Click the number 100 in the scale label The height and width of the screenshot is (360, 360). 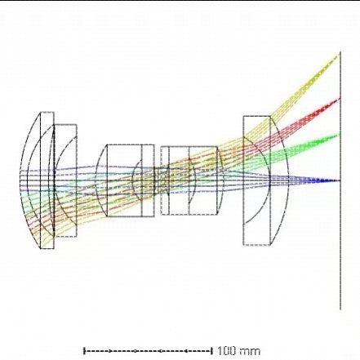coord(227,351)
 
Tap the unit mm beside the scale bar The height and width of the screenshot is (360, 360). coord(250,351)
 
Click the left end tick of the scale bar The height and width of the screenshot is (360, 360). coord(85,351)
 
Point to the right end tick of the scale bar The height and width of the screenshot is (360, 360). coord(211,351)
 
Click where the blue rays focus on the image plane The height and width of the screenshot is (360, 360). coord(340,180)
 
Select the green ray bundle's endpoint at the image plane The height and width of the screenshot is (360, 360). coord(340,134)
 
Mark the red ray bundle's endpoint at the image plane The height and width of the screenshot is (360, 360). coord(340,99)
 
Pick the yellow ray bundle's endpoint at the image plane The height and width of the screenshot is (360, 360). coord(340,54)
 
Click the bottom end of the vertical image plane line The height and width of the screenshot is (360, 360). coord(340,309)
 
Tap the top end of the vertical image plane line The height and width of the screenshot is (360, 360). coord(340,51)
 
